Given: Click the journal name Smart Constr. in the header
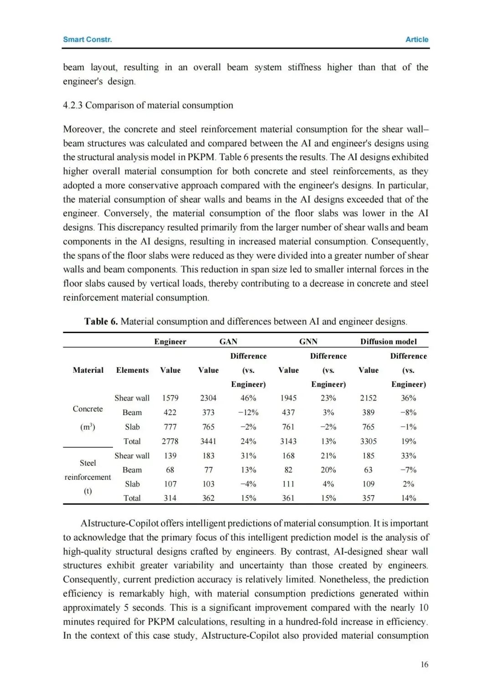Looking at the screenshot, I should (87, 40).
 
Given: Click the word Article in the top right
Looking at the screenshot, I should (417, 40).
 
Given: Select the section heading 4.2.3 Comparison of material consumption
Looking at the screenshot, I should (148, 105).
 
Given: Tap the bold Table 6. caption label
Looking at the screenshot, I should (101, 321).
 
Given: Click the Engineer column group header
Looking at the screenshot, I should (170, 341).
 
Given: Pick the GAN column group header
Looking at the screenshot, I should (228, 341).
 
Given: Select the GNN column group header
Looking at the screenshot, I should (308, 341).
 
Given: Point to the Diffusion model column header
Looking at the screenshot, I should (389, 341).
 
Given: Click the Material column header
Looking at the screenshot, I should (88, 370).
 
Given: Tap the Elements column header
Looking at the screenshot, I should (132, 370).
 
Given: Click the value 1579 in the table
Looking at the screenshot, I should (170, 398).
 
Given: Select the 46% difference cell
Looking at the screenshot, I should (248, 398).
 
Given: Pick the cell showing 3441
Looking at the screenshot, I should (208, 441).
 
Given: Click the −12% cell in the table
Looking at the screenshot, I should (248, 412).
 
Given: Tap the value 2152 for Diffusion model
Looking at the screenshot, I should (368, 398).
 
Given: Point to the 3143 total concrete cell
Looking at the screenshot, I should (288, 441).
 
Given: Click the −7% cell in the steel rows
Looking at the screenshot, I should (408, 470).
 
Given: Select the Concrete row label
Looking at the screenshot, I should (88, 409).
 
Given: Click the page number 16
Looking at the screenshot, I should (424, 665).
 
